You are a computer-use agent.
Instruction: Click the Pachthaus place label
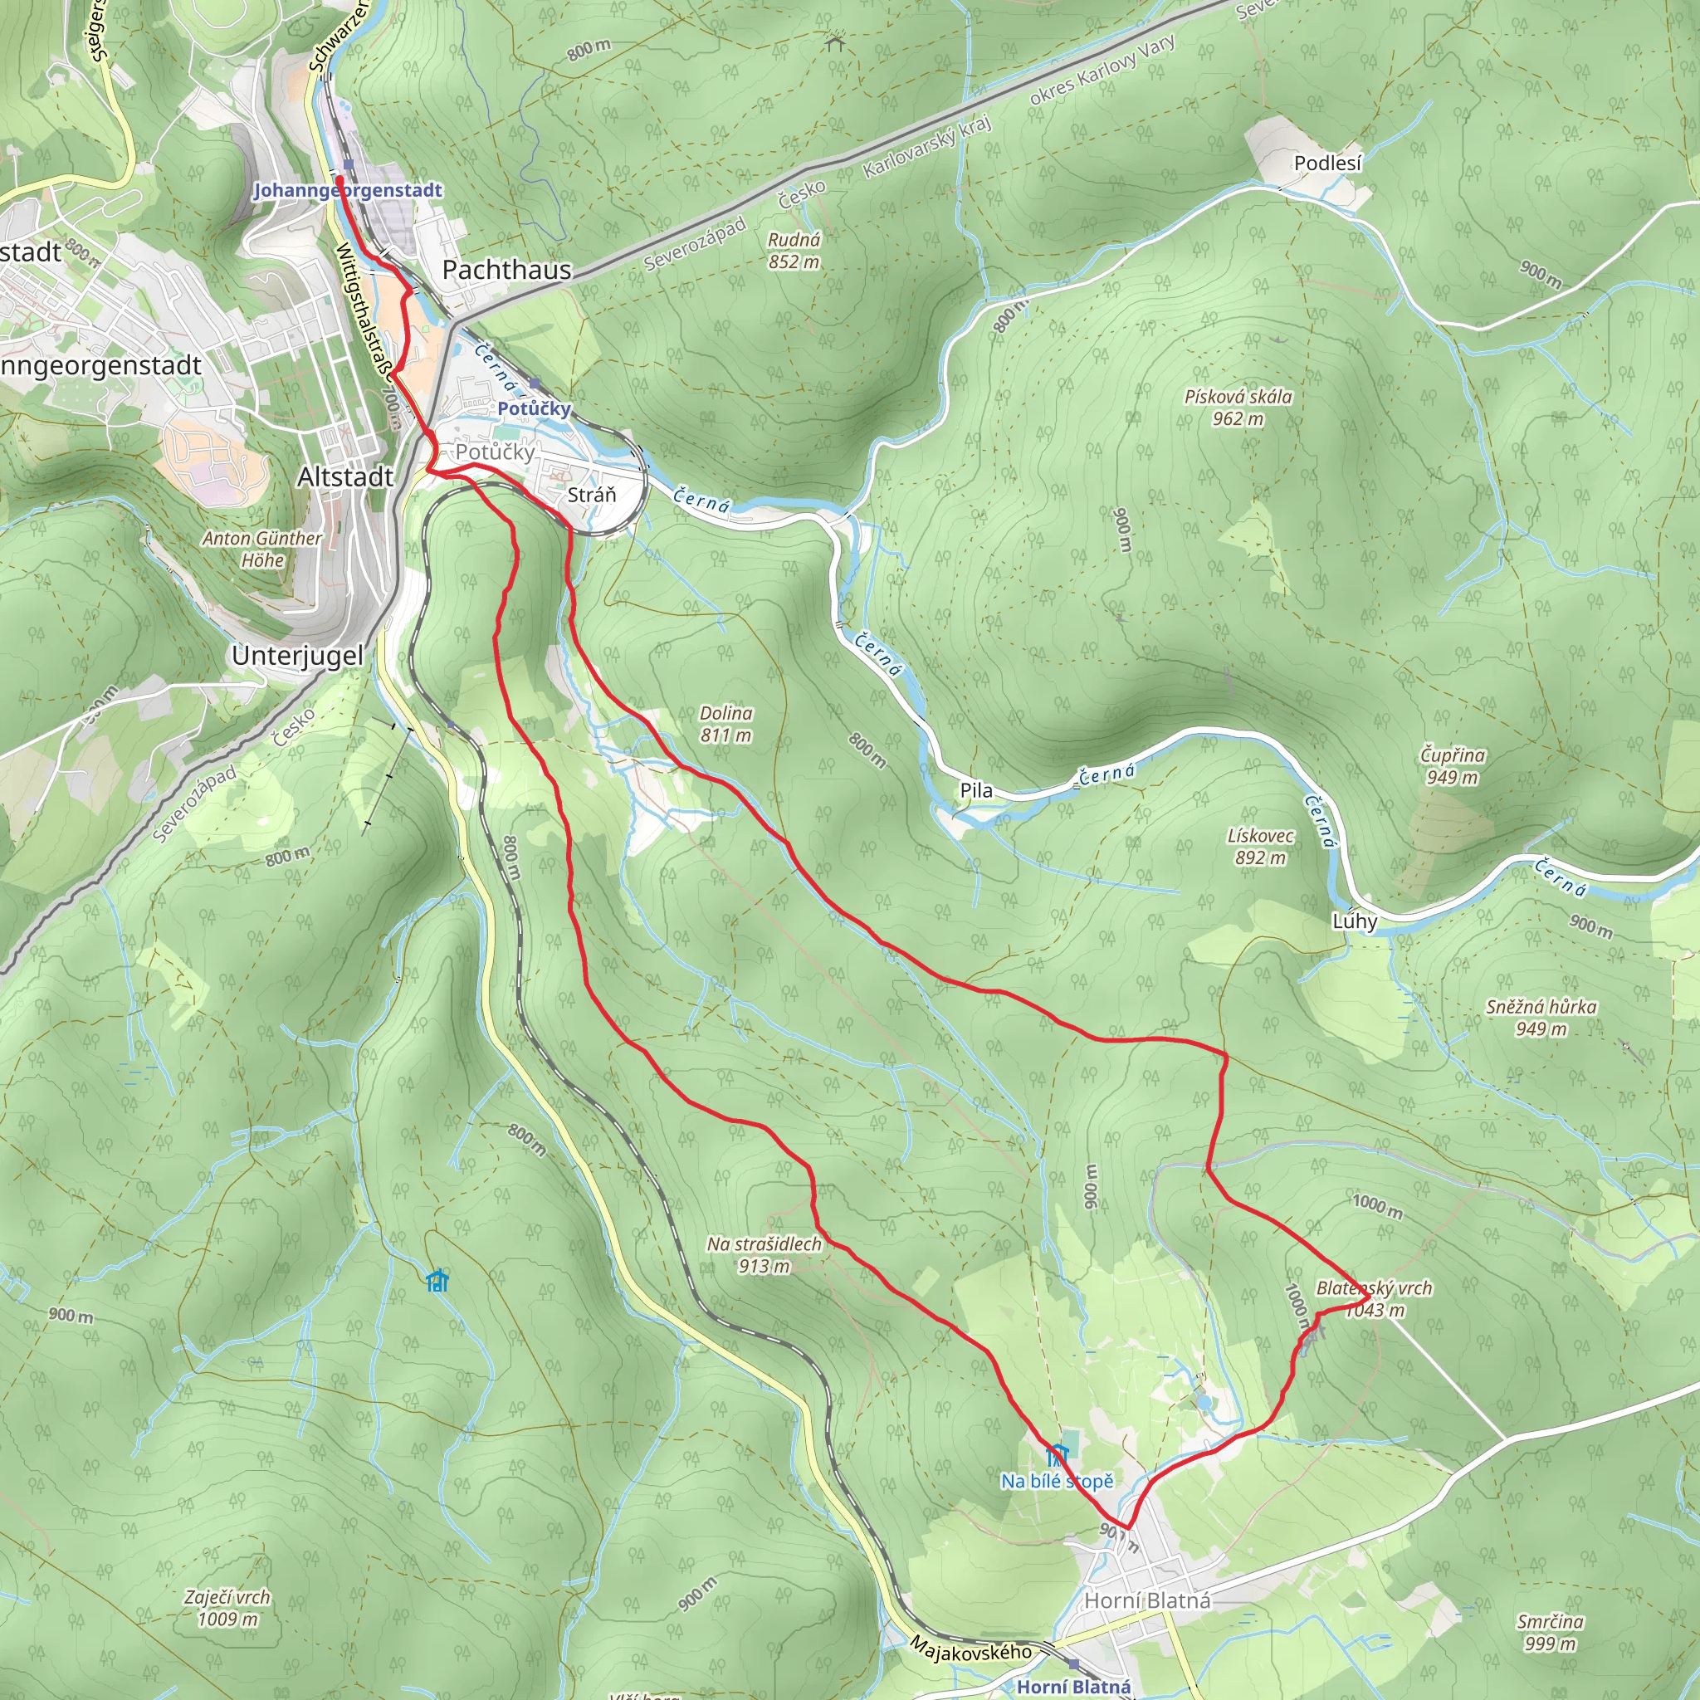[506, 270]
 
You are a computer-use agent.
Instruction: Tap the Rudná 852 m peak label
[794, 251]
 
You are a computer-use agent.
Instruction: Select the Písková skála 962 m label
[1238, 408]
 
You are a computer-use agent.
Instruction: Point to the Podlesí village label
[1327, 163]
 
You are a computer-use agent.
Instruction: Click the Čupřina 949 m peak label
[1453, 765]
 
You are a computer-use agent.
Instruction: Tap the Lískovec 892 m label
[1260, 847]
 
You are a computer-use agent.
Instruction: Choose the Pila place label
[976, 790]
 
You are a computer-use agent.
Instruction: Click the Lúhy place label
[1354, 921]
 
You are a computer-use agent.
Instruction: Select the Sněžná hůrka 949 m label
[1541, 1017]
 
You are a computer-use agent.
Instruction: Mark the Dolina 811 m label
[726, 723]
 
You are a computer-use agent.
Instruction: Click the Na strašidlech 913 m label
[764, 1255]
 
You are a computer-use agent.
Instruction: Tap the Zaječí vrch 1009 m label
[228, 1608]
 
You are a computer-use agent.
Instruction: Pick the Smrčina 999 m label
[1551, 1632]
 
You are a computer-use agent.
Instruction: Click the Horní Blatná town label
[1147, 1600]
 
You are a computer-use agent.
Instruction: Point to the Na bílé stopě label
[1057, 1481]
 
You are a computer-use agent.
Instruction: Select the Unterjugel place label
[297, 656]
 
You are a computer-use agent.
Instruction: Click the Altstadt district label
[345, 477]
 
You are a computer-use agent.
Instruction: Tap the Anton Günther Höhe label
[262, 548]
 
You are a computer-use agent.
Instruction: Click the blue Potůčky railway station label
[533, 408]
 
